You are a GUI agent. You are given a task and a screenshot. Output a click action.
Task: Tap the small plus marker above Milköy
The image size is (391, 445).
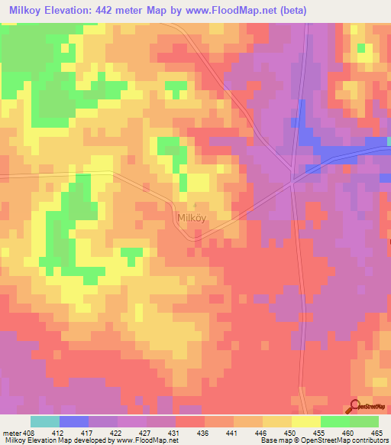(x=195, y=205)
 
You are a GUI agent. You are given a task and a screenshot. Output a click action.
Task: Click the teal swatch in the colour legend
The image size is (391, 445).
(x=45, y=421)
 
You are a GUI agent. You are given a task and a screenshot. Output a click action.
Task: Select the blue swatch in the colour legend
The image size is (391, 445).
(x=74, y=421)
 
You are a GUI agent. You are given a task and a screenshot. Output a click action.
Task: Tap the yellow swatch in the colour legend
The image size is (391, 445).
(x=305, y=421)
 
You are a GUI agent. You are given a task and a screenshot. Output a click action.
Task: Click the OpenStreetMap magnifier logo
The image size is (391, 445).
(x=357, y=407)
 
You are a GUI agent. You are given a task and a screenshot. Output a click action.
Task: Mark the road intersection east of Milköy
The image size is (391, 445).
(x=294, y=182)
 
